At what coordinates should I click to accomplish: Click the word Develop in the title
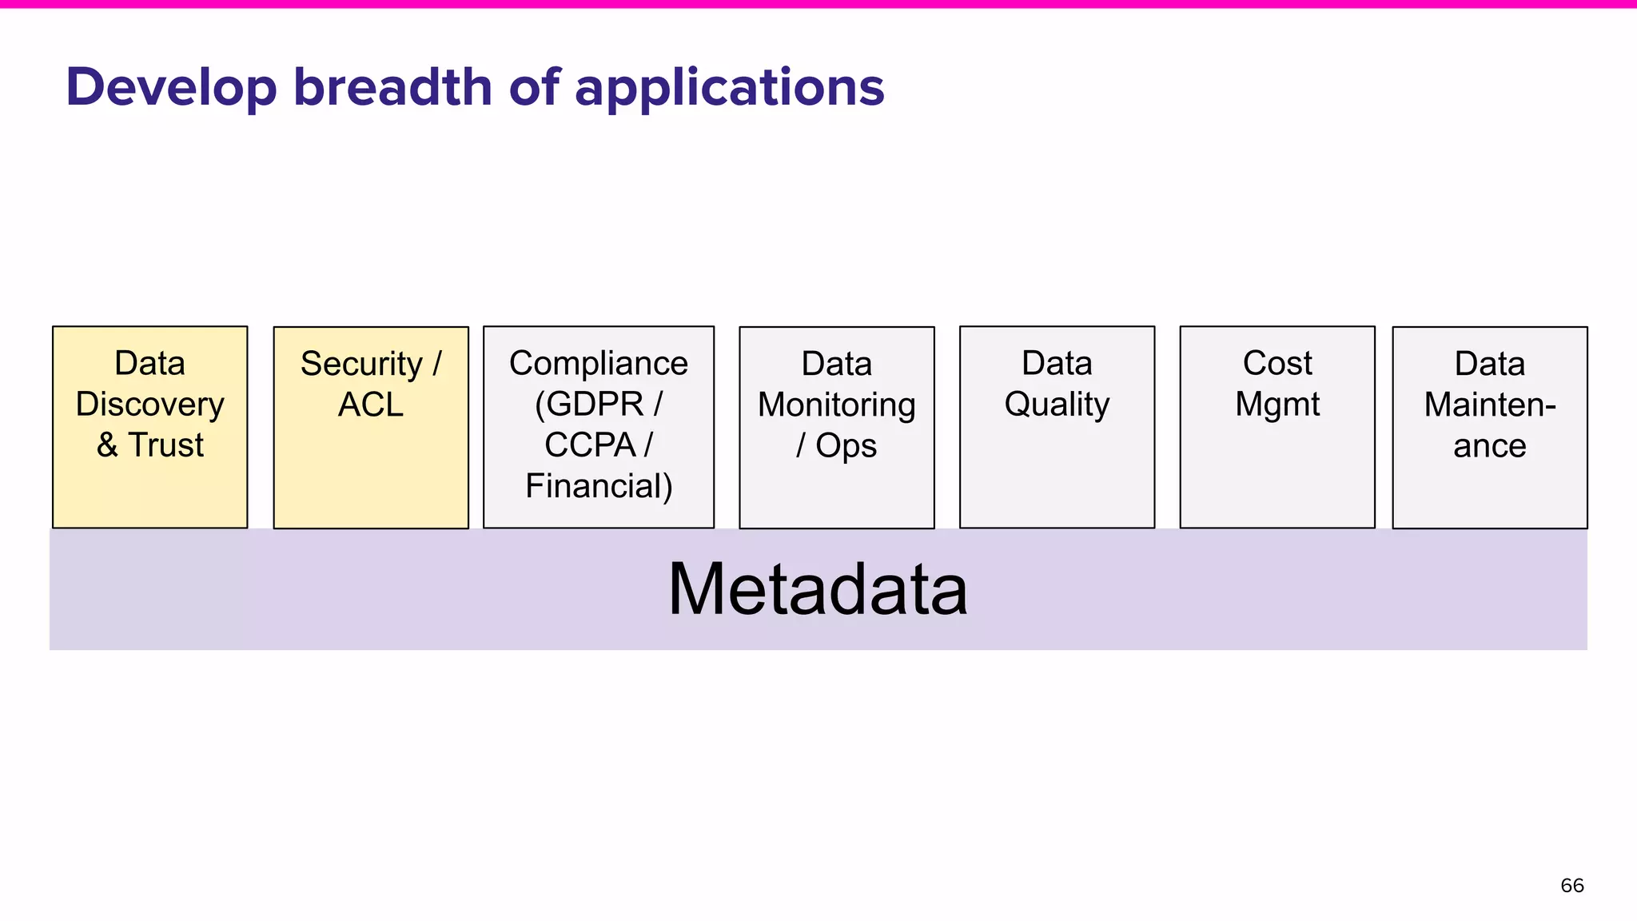pos(171,88)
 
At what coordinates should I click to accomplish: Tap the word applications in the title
pos(729,88)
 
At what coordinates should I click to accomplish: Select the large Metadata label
pos(818,589)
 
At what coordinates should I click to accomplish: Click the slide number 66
pos(1571,885)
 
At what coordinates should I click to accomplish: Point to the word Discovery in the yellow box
pos(150,405)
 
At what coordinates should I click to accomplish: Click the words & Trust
pos(150,445)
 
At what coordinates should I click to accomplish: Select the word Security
pos(361,365)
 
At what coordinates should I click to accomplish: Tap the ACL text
pos(370,405)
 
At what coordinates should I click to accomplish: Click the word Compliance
pos(598,364)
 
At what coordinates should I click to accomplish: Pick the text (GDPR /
pos(598,405)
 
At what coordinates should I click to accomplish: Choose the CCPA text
pos(590,445)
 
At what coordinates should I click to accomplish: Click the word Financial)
pos(598,486)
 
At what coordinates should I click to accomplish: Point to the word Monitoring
pos(836,405)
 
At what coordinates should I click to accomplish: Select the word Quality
pos(1057,405)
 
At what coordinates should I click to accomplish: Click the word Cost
pos(1277,364)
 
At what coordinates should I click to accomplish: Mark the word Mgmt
pos(1277,405)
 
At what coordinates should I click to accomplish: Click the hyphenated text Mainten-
pos(1490,405)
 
